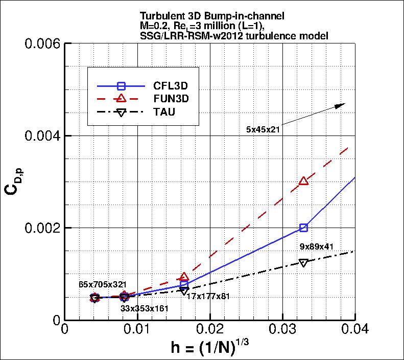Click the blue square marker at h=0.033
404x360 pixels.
[x=304, y=228]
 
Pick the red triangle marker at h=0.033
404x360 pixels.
[x=304, y=181]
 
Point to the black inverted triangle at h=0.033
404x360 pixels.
[x=304, y=262]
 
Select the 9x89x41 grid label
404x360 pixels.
[x=316, y=247]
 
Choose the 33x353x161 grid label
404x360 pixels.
[x=145, y=308]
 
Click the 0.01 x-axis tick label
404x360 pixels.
[x=137, y=330]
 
